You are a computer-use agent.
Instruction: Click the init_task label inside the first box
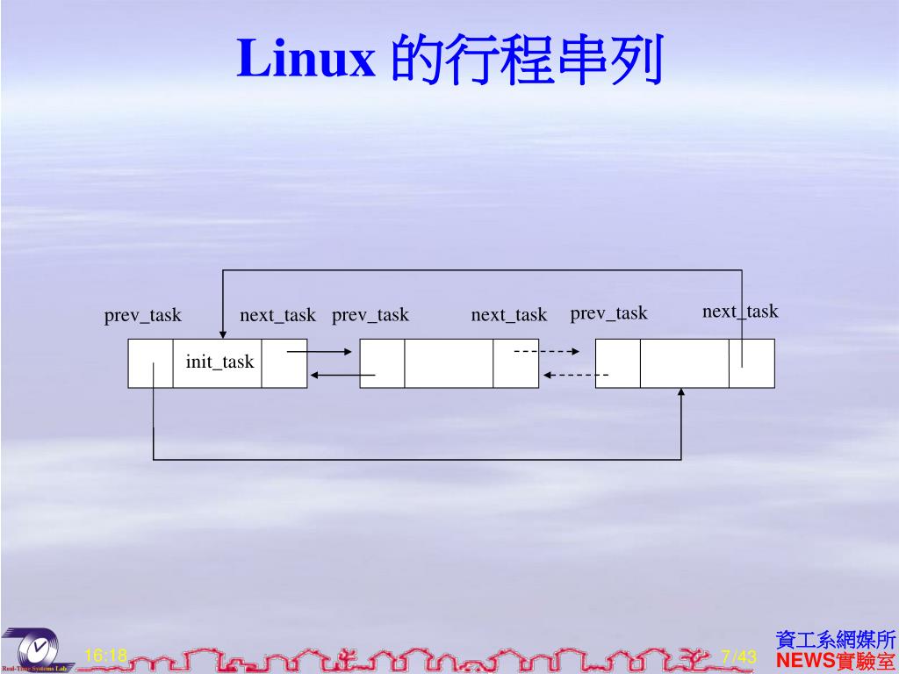(x=219, y=362)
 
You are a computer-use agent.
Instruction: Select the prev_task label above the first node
(x=143, y=315)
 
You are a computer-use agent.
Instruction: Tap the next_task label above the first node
(x=277, y=315)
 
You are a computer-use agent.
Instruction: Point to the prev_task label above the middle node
(x=370, y=315)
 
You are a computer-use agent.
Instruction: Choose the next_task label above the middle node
(x=508, y=315)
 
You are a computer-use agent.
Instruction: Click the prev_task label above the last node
(x=608, y=313)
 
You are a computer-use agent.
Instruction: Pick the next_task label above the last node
(x=740, y=312)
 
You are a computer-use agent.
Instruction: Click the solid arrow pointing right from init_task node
(x=320, y=352)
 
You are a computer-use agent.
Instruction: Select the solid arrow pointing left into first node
(x=342, y=376)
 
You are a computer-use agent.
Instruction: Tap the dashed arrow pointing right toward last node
(x=546, y=352)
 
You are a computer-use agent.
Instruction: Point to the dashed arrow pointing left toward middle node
(x=575, y=376)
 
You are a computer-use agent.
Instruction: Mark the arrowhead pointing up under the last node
(x=681, y=393)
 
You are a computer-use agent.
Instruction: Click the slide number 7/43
(x=738, y=656)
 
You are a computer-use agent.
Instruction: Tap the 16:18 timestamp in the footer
(x=106, y=656)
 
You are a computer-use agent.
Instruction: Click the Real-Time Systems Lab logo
(x=35, y=650)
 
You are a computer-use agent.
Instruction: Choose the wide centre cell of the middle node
(x=449, y=363)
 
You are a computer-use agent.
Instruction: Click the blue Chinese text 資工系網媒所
(x=836, y=640)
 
